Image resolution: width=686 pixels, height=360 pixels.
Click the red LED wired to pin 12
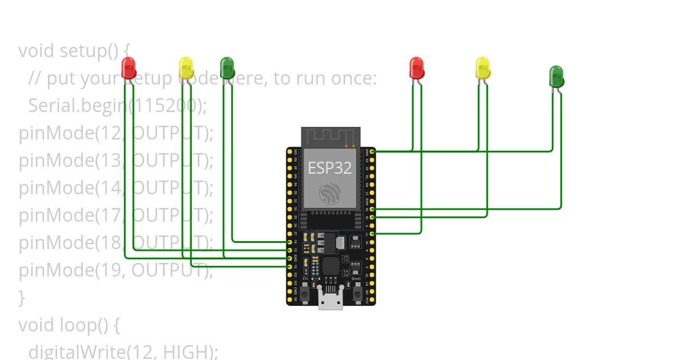click(129, 67)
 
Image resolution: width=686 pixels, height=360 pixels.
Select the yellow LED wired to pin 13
click(186, 67)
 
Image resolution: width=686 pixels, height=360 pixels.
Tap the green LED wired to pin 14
click(228, 67)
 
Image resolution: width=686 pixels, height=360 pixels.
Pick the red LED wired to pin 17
click(417, 67)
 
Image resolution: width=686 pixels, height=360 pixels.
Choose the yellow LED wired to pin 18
click(482, 67)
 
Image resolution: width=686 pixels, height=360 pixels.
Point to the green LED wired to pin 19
click(556, 76)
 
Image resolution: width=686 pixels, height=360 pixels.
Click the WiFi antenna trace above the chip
click(331, 137)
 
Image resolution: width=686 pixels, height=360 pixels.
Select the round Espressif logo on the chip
click(330, 194)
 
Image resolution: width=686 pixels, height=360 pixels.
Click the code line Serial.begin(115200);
click(117, 105)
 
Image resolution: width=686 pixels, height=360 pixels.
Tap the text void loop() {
click(69, 325)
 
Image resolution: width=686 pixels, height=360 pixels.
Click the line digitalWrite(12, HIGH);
click(123, 351)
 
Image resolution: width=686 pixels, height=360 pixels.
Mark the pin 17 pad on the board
click(372, 234)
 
